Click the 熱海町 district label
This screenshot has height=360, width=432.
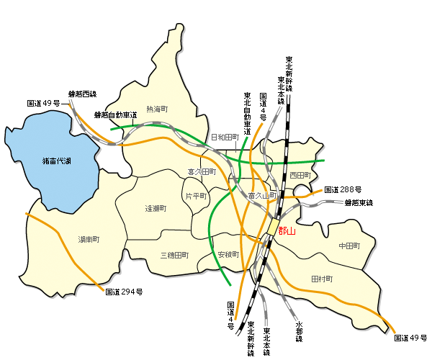(x=156, y=109)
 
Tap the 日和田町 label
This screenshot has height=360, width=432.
(x=224, y=137)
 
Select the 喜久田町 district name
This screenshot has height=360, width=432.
(x=202, y=172)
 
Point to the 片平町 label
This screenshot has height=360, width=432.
(x=196, y=196)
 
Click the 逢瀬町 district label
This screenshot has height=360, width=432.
(x=156, y=208)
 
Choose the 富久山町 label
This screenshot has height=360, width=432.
(x=262, y=196)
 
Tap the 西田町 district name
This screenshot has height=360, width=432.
(x=300, y=176)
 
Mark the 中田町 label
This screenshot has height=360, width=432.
(x=348, y=246)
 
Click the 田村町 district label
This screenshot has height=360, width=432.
(x=322, y=279)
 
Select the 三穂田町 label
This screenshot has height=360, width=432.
(x=174, y=255)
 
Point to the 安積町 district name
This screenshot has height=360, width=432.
(x=228, y=255)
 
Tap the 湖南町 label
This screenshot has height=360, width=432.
(x=89, y=239)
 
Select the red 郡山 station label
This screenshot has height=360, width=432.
(x=287, y=231)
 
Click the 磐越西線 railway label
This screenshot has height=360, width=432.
(x=82, y=94)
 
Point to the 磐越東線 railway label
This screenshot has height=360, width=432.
(x=359, y=203)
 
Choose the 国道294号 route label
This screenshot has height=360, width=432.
(x=124, y=292)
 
